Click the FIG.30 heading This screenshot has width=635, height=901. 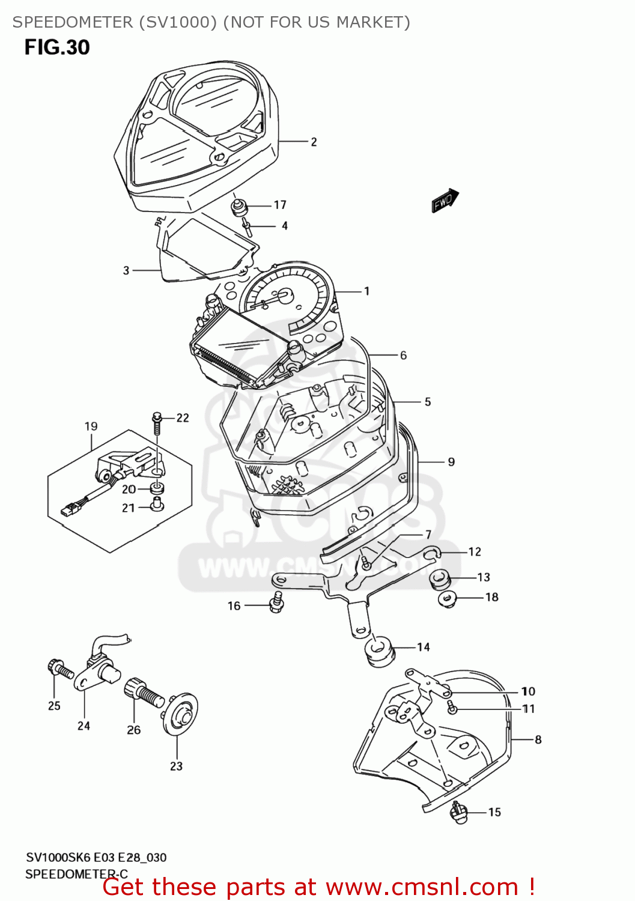[57, 47]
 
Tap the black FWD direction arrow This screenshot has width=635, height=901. [445, 201]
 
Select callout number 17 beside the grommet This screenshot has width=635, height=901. [280, 205]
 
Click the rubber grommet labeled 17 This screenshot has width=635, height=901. [239, 208]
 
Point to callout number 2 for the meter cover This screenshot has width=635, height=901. [314, 142]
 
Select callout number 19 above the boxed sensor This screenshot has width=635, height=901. [91, 426]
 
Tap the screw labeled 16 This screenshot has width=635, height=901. [277, 602]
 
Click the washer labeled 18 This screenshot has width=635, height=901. [448, 598]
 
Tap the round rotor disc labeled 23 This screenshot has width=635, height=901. [180, 715]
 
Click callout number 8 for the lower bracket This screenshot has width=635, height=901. [538, 739]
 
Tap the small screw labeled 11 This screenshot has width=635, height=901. [452, 709]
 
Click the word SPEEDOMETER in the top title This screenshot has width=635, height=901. [72, 22]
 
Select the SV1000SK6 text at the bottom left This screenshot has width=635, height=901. [58, 857]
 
